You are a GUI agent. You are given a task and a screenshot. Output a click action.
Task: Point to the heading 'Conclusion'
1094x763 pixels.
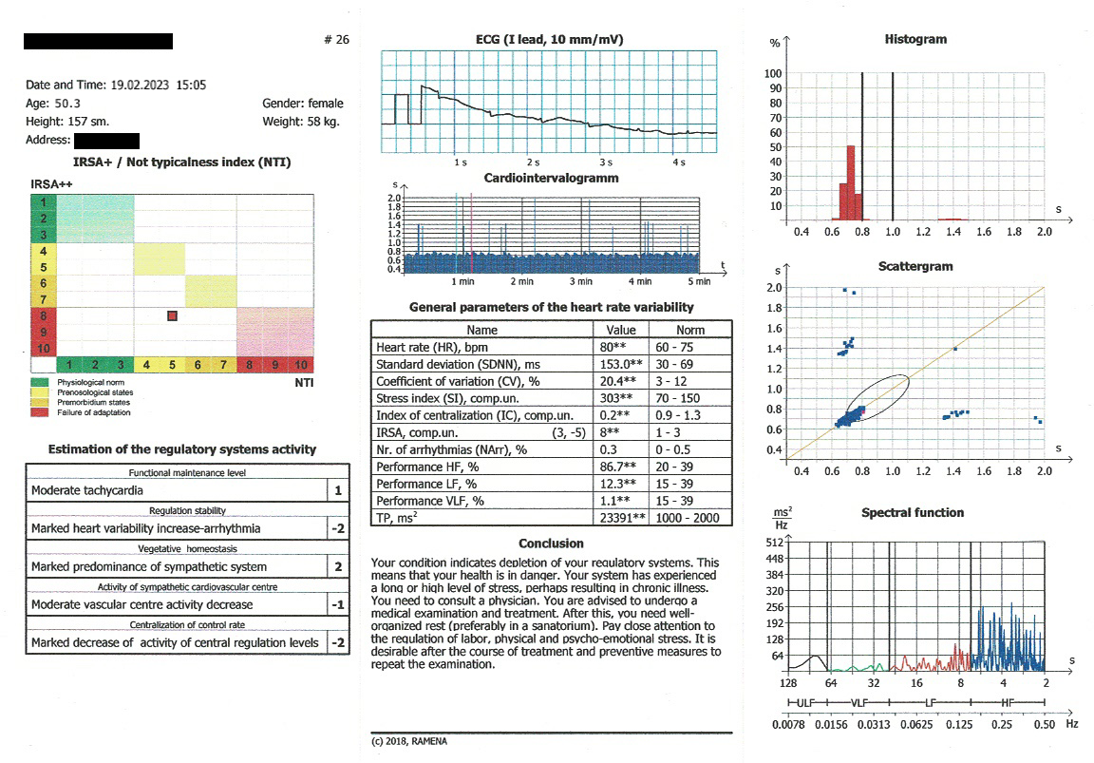click(551, 544)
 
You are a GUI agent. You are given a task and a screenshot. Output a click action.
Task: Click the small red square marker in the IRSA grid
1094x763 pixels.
click(172, 315)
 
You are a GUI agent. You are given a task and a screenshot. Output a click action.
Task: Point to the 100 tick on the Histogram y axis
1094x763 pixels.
click(774, 74)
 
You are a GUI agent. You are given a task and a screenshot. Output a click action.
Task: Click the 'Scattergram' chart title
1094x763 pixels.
click(915, 267)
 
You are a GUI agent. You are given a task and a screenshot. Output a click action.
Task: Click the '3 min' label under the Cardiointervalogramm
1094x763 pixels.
click(580, 282)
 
